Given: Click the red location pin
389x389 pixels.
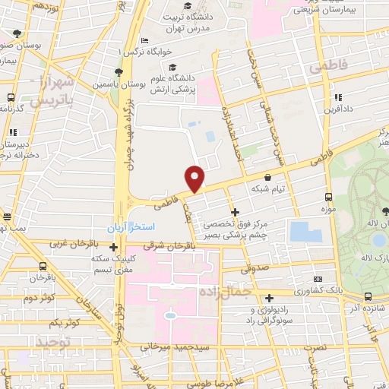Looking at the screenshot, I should [x=196, y=179].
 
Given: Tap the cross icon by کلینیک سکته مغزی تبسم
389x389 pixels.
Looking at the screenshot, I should [x=113, y=247].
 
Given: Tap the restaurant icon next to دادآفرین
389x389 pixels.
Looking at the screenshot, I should [x=337, y=98].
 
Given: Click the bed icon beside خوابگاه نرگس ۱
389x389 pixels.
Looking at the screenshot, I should [x=146, y=41].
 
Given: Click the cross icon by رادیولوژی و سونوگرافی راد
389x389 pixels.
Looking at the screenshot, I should [x=270, y=298].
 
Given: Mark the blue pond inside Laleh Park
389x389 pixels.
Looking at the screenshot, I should [x=378, y=240].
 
